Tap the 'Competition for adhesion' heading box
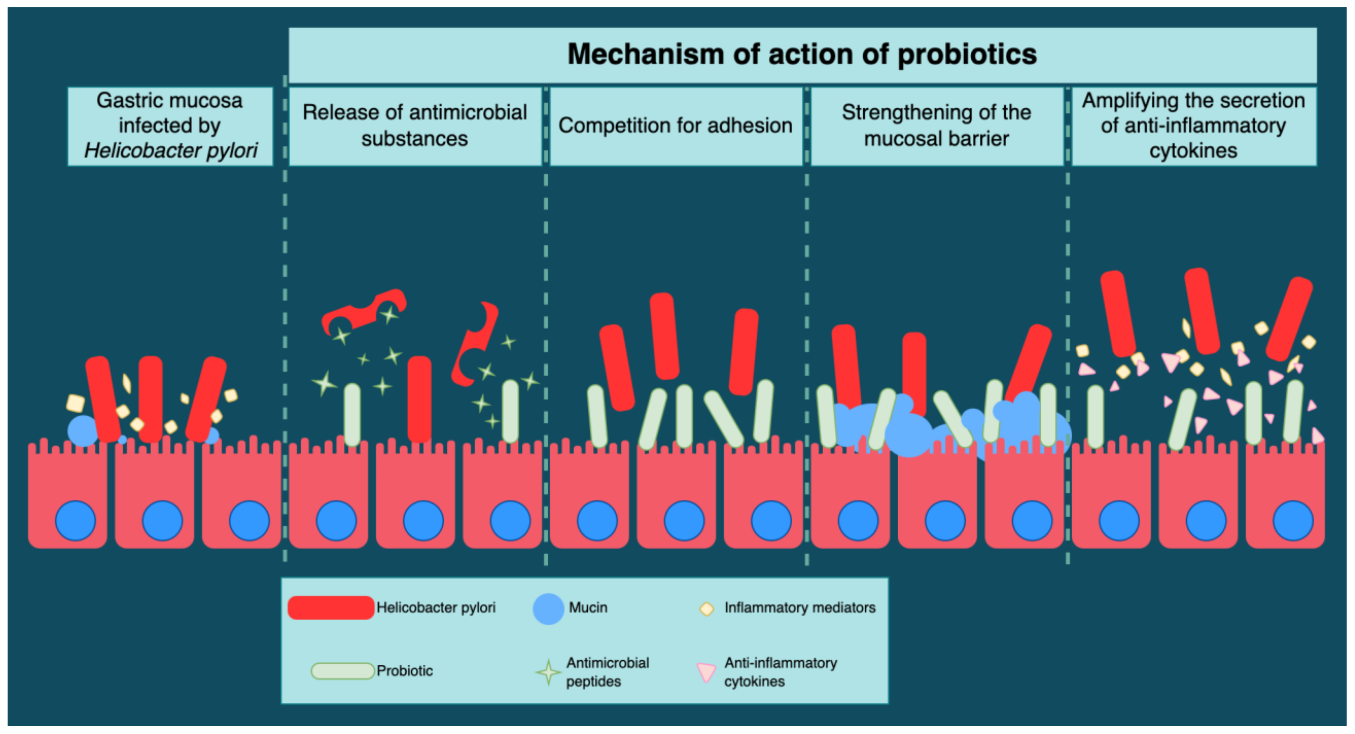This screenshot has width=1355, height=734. [675, 126]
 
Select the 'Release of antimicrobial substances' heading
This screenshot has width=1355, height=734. [415, 126]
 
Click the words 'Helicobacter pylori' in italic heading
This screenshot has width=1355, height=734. [170, 151]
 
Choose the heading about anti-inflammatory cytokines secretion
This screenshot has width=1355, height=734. [1193, 126]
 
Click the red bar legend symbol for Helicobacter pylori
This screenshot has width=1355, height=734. [330, 608]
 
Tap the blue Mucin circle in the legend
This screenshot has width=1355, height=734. [548, 609]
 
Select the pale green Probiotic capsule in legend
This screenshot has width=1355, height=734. [343, 671]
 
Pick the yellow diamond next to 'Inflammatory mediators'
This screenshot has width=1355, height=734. [706, 609]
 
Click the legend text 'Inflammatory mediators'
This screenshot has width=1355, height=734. [800, 608]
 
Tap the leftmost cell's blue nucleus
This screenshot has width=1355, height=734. [75, 521]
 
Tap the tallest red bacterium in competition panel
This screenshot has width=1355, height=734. [664, 336]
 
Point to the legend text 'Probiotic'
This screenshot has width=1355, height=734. [405, 671]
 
